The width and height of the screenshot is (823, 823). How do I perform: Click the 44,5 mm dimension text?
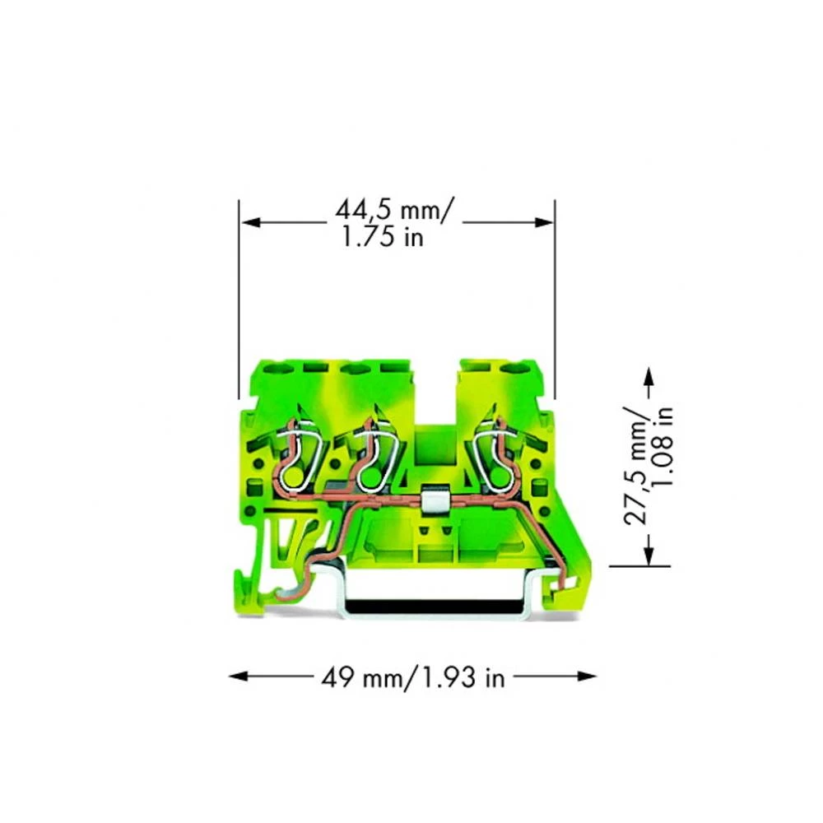click(x=393, y=209)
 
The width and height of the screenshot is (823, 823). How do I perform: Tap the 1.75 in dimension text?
click(x=383, y=237)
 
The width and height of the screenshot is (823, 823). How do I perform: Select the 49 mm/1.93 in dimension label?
click(x=413, y=677)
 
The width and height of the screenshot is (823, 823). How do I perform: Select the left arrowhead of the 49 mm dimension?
click(x=239, y=676)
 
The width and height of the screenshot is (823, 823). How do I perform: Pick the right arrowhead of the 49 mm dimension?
click(x=587, y=676)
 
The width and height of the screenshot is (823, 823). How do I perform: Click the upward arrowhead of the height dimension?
click(x=649, y=376)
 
